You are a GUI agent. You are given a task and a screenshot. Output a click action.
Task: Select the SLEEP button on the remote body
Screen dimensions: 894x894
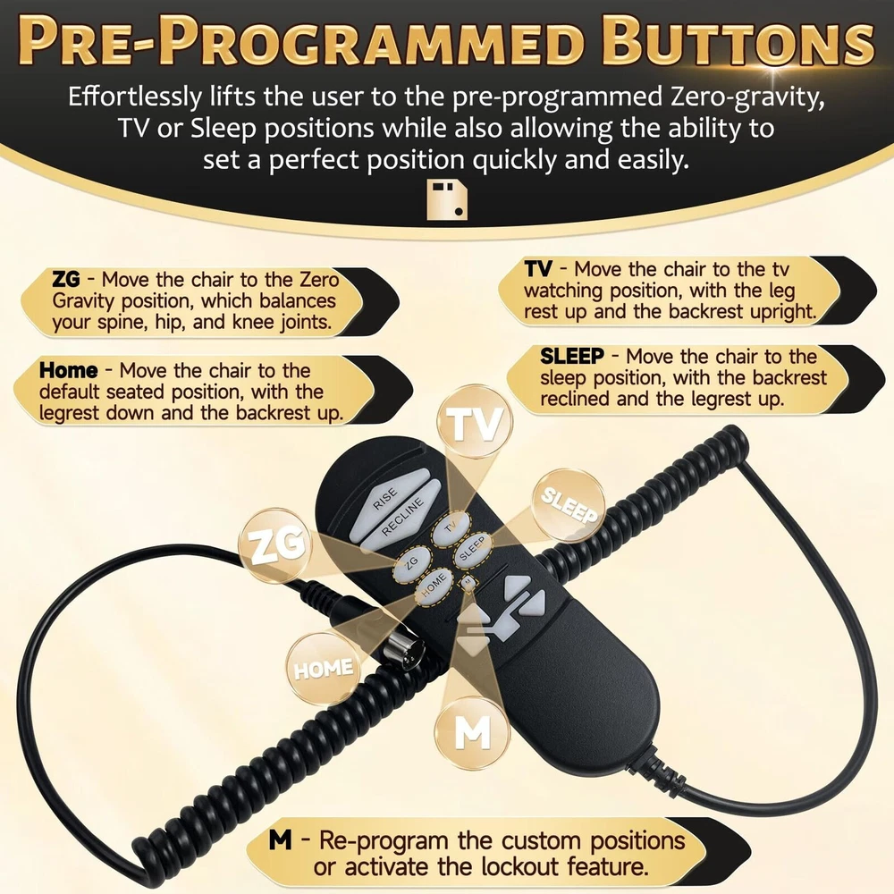click(472, 550)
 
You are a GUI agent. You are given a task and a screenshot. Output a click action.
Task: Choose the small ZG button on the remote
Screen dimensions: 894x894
click(411, 563)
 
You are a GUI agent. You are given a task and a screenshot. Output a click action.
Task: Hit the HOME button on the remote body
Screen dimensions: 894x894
click(433, 586)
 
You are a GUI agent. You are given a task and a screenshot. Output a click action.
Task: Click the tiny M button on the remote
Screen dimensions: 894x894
click(468, 582)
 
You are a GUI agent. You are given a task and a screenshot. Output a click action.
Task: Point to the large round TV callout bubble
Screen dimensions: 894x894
click(475, 424)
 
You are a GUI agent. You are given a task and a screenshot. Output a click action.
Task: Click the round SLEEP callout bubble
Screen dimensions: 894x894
click(569, 505)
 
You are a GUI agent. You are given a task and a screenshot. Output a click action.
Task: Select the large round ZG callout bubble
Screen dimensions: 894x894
click(276, 545)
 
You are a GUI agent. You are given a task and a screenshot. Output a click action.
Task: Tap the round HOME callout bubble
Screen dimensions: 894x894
click(323, 669)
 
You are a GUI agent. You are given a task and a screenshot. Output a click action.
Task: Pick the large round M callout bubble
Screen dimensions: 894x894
click(472, 733)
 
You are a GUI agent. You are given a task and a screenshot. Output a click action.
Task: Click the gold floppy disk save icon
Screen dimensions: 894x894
click(448, 199)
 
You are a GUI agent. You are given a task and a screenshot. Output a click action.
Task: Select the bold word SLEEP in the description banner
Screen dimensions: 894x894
click(572, 357)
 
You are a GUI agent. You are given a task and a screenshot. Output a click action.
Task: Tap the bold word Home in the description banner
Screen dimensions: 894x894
click(69, 371)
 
